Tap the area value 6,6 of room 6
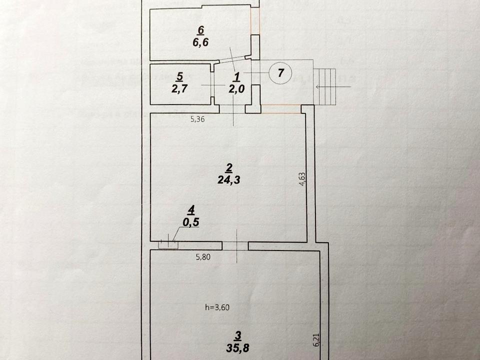[200, 42]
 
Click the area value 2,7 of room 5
[180, 88]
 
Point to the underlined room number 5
[180, 77]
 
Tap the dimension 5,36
[197, 120]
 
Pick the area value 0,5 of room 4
[189, 223]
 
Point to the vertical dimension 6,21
[314, 339]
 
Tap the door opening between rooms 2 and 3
[235, 245]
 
